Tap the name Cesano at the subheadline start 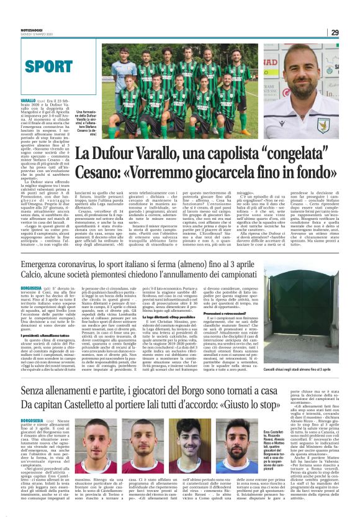click(x=99, y=171)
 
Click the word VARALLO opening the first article click(x=29, y=101)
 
